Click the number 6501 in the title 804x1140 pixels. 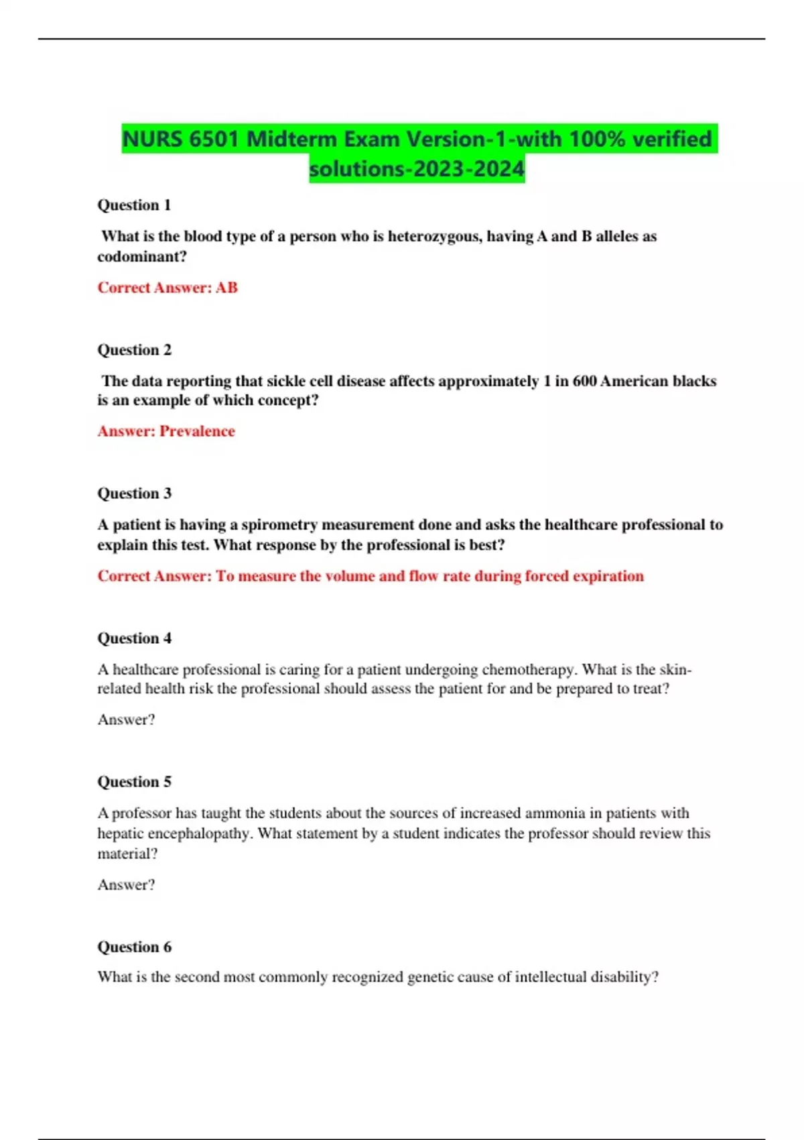[213, 139]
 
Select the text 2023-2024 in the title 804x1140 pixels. [469, 168]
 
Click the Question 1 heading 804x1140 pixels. [134, 205]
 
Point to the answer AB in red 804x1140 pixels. [226, 288]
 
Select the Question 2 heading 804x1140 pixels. [134, 350]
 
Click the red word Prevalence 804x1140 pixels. [197, 431]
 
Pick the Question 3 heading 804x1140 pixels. [134, 494]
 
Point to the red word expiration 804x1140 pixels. [606, 576]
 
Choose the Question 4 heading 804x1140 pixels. [134, 638]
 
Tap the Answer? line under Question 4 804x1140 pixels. [126, 720]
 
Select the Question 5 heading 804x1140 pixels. [134, 782]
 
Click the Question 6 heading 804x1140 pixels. [134, 947]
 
